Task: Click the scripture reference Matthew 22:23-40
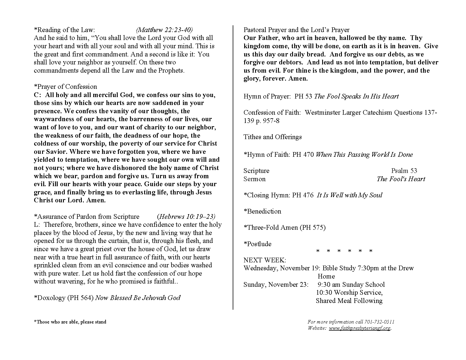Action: [164, 30]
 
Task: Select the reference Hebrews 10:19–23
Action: [187, 216]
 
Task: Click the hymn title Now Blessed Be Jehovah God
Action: [138, 298]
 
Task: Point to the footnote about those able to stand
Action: [70, 322]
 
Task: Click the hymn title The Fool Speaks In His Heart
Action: [356, 96]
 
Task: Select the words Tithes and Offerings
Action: [272, 137]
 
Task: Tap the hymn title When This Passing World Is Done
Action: [364, 154]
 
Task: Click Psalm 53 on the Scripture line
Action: [404, 171]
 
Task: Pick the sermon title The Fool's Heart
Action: [401, 179]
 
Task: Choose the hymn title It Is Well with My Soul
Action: [349, 195]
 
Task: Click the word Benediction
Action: [264, 211]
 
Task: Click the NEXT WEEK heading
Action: [264, 260]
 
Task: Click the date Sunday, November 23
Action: [276, 284]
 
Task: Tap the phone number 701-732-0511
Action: [379, 322]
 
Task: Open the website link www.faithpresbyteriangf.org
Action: [360, 328]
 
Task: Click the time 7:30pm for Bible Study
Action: [367, 268]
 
